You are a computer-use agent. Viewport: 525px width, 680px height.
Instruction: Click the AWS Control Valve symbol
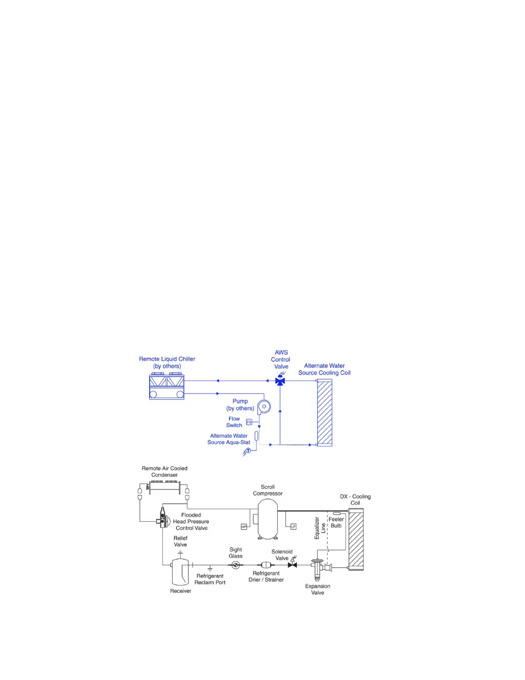click(x=280, y=381)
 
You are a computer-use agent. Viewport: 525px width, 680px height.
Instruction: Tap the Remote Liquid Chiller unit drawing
click(x=166, y=387)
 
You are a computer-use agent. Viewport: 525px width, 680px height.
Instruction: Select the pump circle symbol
click(x=264, y=407)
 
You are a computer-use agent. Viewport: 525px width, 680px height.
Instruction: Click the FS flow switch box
click(x=249, y=422)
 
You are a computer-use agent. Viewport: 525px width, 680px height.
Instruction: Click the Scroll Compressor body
click(x=268, y=518)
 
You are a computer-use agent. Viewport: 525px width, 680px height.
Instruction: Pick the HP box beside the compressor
click(x=244, y=527)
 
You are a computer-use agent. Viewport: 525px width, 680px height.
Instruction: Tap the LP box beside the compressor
click(x=293, y=526)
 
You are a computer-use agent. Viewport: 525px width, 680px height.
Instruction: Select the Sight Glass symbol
click(x=235, y=565)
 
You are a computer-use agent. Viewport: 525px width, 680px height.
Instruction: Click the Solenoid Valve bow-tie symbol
click(x=293, y=565)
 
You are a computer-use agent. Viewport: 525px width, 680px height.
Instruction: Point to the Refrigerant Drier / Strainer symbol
click(x=266, y=565)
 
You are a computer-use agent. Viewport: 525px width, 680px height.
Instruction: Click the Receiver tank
click(x=180, y=572)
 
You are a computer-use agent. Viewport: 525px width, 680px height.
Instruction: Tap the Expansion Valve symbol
click(x=318, y=567)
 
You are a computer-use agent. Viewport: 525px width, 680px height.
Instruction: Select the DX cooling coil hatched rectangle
click(x=356, y=540)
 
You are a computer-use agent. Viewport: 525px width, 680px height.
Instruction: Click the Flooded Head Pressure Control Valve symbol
click(x=163, y=518)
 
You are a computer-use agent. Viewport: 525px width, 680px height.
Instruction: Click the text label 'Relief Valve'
click(x=180, y=541)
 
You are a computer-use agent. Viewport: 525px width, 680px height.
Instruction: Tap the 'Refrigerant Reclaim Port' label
click(x=210, y=579)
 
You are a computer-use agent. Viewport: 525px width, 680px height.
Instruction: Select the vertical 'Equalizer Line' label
click(x=320, y=528)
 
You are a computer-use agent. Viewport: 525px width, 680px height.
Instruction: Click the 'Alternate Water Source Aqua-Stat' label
click(x=229, y=439)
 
